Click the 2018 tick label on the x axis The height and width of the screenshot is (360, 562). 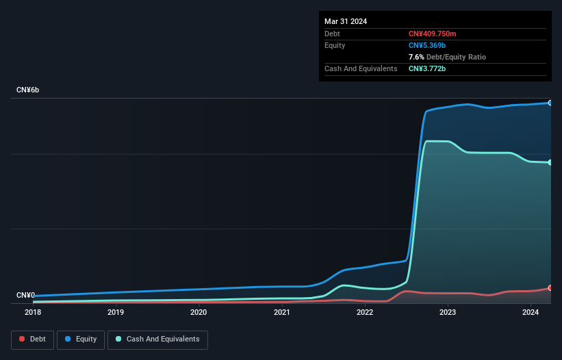coord(32,313)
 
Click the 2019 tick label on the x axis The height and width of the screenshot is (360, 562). coord(116,313)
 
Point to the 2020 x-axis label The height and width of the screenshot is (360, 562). coord(199,313)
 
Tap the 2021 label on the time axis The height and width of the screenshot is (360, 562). coord(281,313)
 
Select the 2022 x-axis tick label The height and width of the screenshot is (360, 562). coord(364,313)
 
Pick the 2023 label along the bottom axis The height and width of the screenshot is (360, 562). coord(447,313)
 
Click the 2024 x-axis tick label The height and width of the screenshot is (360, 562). coord(530,313)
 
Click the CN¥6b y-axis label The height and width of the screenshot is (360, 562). coord(28,90)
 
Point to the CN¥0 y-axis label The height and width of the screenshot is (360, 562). coord(25,295)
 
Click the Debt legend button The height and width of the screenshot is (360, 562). coord(32,339)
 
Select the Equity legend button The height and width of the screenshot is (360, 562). coord(81,339)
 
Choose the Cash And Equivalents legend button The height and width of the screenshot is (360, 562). coord(157,339)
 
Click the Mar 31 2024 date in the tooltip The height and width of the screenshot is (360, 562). coord(346,21)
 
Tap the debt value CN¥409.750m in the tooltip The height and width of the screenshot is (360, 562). coord(432,34)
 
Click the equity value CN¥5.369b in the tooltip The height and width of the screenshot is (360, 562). coord(428,45)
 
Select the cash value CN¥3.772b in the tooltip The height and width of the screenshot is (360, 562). coord(428,68)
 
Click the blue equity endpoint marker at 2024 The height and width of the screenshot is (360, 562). coord(550,103)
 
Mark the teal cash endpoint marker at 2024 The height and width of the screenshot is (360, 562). coord(550,162)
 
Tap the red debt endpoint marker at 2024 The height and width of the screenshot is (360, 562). coord(550,288)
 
